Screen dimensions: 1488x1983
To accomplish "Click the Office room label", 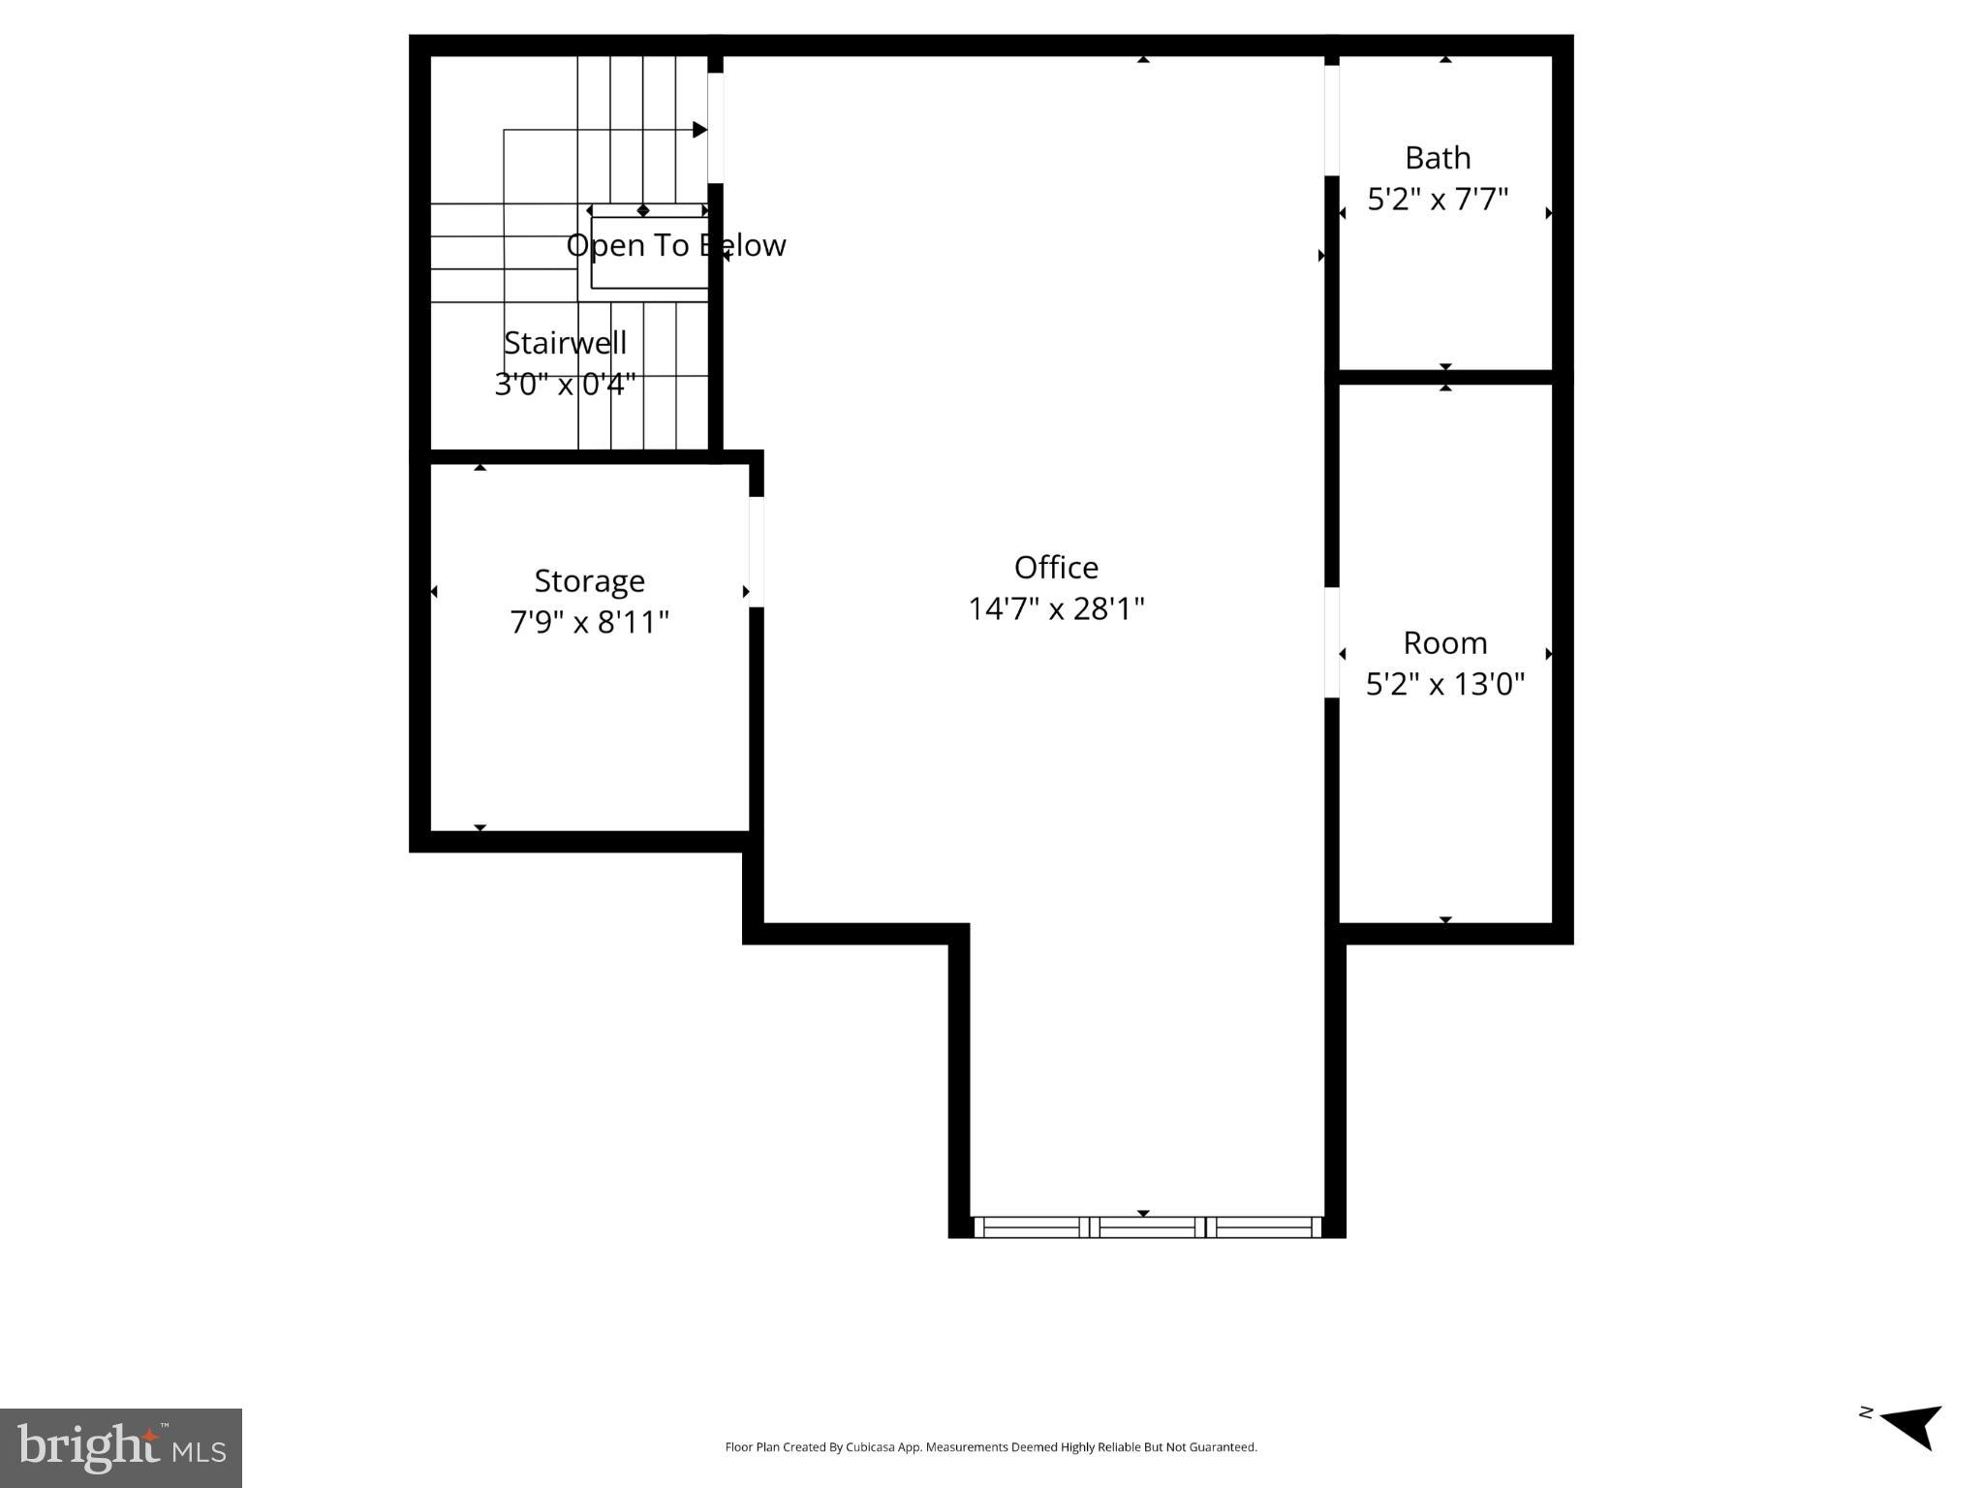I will click(1056, 567).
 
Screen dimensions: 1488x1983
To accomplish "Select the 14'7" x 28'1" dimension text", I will click(1056, 609).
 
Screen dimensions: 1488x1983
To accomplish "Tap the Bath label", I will click(1438, 157).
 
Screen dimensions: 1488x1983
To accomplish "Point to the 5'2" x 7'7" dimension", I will click(1438, 200).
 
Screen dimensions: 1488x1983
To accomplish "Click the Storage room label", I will click(589, 580).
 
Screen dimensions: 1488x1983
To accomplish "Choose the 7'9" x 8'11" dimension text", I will click(589, 622).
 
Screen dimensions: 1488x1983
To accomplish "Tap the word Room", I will click(1444, 642).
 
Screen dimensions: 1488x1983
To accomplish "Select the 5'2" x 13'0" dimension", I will click(1444, 685).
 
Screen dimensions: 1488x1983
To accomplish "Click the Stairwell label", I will click(565, 343).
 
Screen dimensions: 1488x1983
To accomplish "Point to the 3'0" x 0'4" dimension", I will click(565, 385).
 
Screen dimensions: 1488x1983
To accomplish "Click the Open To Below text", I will click(675, 245).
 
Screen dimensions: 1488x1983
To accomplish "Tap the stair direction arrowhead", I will click(699, 130).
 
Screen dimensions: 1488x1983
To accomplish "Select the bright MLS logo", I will click(121, 1447).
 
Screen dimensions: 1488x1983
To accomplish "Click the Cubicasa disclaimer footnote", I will click(991, 1447).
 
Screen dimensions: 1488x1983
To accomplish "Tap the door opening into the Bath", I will click(1332, 120).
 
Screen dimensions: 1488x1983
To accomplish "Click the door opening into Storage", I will click(757, 552).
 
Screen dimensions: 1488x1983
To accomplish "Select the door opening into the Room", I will click(1332, 642).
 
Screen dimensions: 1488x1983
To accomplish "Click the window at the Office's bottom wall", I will click(1147, 1227).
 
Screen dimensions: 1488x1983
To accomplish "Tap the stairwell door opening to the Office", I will click(715, 128).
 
